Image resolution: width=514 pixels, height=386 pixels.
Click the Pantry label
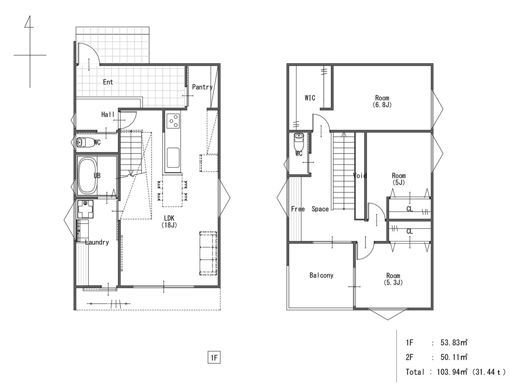pyautogui.click(x=202, y=87)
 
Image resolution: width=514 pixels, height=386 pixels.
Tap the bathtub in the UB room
pyautogui.click(x=87, y=175)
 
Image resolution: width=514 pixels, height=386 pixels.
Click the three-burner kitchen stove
pyautogui.click(x=173, y=121)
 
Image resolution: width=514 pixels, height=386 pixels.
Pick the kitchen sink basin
pyautogui.click(x=173, y=158)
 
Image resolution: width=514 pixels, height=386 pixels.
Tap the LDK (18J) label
pyautogui.click(x=169, y=221)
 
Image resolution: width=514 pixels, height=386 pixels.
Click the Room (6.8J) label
pyautogui.click(x=382, y=101)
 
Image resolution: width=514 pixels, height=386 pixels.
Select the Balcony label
pyautogui.click(x=321, y=275)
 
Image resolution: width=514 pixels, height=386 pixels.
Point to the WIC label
pyautogui.click(x=310, y=98)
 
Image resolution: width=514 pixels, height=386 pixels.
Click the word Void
pyautogui.click(x=360, y=175)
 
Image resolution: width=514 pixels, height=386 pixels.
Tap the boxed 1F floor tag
pyautogui.click(x=214, y=358)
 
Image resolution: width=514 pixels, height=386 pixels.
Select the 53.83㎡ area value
pyautogui.click(x=454, y=342)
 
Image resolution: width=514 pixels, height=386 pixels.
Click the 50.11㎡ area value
pyautogui.click(x=454, y=357)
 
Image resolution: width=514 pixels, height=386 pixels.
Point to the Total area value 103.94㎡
pyautogui.click(x=452, y=372)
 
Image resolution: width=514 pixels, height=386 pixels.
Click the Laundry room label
pyautogui.click(x=97, y=242)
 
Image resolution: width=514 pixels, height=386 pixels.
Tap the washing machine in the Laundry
pyautogui.click(x=85, y=209)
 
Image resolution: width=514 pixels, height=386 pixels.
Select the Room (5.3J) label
pyautogui.click(x=393, y=279)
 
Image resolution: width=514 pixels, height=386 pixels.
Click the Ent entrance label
pyautogui.click(x=108, y=82)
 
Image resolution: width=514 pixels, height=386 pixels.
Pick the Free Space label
pyautogui.click(x=310, y=209)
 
